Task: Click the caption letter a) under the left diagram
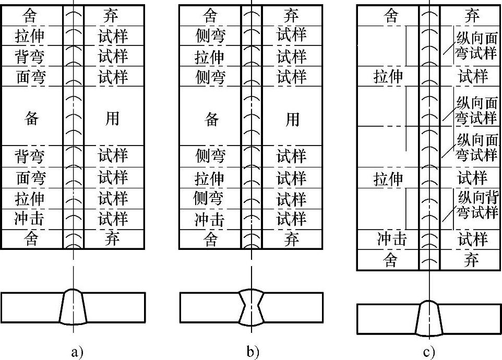[x=77, y=352]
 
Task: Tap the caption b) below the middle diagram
[x=253, y=352]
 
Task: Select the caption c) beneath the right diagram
[x=429, y=352]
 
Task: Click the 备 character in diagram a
[x=32, y=118]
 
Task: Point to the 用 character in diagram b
[x=292, y=119]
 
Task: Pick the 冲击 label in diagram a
[x=29, y=219]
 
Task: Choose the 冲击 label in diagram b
[x=209, y=220]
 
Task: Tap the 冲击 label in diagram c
[x=392, y=239]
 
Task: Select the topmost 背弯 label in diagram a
[x=29, y=56]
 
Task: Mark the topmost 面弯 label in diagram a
[x=31, y=77]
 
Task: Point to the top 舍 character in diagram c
[x=391, y=15]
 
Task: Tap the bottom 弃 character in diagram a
[x=112, y=239]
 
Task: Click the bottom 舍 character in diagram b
[x=210, y=239]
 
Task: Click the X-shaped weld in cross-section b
[x=252, y=307]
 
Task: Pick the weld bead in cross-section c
[x=429, y=318]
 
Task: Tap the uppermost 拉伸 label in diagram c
[x=388, y=77]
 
